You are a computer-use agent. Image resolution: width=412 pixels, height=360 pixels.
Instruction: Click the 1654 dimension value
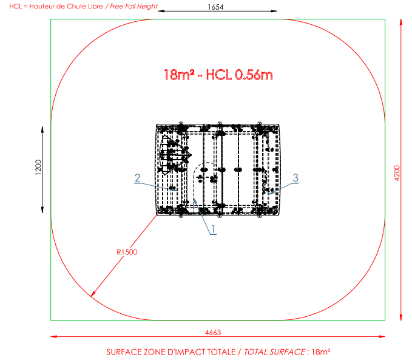215,7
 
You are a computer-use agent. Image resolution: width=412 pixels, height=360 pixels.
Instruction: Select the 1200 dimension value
38,167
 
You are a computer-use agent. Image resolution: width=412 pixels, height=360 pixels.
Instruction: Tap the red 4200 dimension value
397,173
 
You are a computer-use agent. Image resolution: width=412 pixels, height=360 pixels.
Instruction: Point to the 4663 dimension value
213,333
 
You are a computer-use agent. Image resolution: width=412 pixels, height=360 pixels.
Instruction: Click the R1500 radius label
127,252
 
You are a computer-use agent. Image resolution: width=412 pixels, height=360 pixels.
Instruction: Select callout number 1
214,229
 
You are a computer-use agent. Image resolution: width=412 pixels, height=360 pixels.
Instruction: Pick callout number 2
137,178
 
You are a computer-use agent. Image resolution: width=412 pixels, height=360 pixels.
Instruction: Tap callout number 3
295,178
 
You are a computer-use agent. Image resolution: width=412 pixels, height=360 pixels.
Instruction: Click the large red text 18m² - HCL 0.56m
218,75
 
